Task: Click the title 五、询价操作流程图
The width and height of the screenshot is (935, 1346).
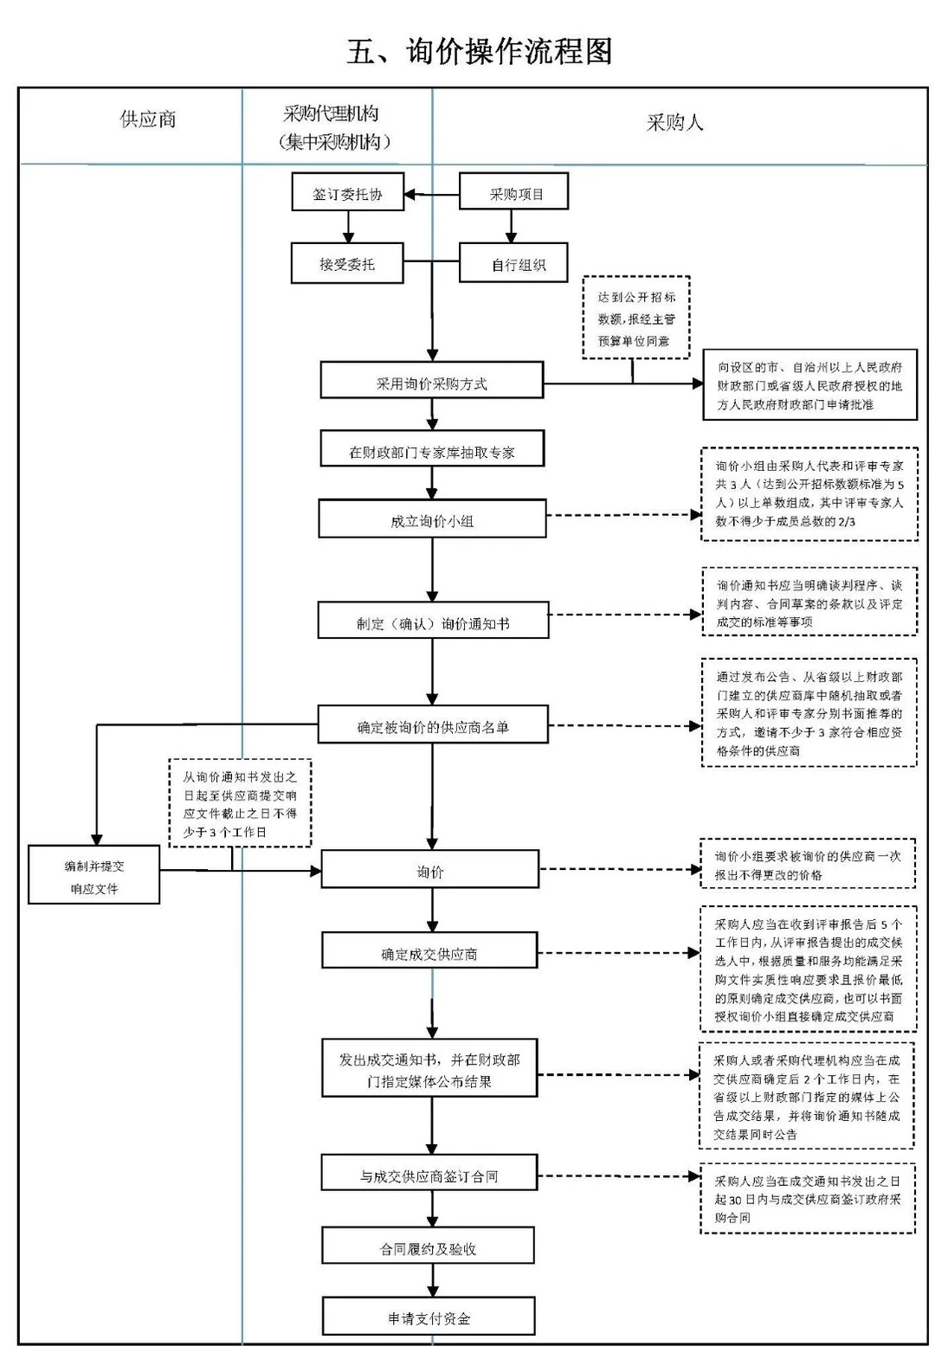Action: (479, 51)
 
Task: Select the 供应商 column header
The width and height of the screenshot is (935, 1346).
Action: (148, 119)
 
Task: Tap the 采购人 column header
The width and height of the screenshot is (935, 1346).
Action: (674, 123)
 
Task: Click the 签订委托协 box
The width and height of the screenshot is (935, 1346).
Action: (347, 194)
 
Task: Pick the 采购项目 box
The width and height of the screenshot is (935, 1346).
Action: (513, 193)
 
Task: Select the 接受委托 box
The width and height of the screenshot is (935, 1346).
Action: (347, 263)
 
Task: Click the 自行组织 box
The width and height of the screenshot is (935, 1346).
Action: (513, 263)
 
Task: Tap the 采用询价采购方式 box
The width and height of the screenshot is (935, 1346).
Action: (431, 382)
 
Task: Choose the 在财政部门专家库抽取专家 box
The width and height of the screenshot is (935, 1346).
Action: (431, 450)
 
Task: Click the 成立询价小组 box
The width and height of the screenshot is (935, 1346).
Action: (431, 519)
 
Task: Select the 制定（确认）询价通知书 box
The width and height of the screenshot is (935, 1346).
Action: (432, 621)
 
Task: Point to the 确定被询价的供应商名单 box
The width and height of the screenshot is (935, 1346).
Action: (432, 725)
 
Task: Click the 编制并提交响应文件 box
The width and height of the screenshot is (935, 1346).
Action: (93, 876)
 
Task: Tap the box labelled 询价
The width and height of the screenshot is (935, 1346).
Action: (429, 870)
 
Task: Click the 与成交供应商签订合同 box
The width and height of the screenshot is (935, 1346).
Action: (429, 1174)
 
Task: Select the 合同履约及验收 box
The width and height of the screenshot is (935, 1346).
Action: (428, 1246)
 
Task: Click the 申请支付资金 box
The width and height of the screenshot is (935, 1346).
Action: (429, 1316)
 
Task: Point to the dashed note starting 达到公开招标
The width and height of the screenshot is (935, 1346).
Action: (635, 318)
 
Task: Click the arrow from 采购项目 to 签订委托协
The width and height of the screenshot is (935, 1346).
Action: (431, 194)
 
